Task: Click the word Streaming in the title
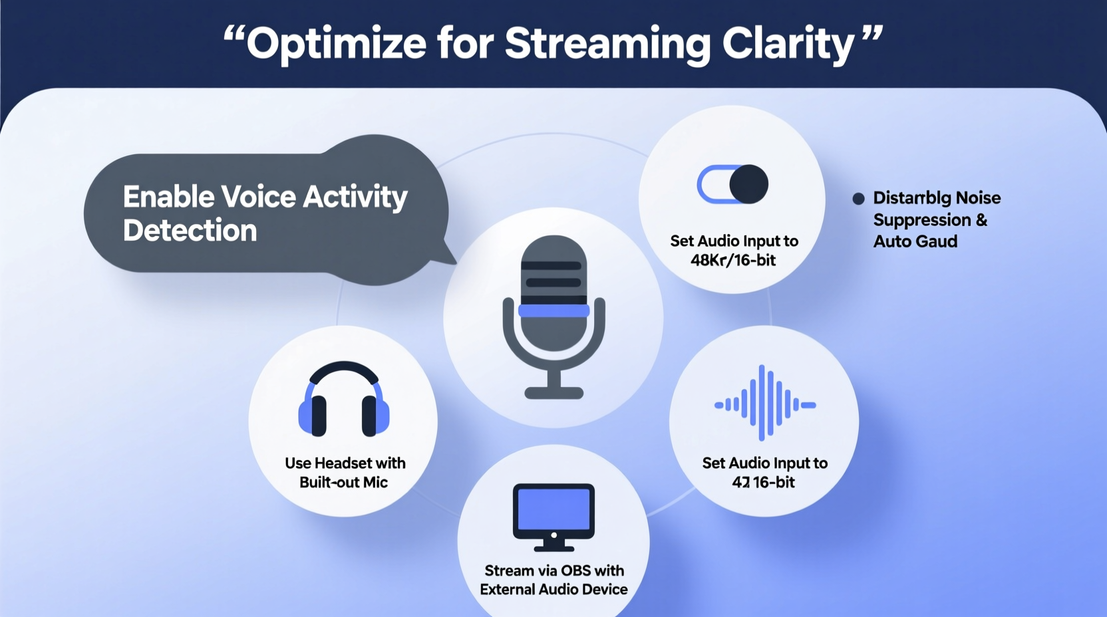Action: click(607, 44)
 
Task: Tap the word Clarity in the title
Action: click(788, 44)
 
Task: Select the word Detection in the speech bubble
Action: click(190, 231)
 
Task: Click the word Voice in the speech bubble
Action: click(258, 197)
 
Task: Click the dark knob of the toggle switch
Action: click(749, 184)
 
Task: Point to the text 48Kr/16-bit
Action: click(732, 260)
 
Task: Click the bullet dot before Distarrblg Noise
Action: click(858, 198)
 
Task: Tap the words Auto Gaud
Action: click(915, 241)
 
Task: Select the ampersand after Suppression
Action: click(981, 220)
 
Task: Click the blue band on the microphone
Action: click(553, 310)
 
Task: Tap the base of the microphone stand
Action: click(553, 393)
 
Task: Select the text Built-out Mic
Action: click(343, 482)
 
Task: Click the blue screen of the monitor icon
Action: click(553, 509)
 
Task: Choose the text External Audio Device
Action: click(553, 589)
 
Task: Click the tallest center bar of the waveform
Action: click(762, 403)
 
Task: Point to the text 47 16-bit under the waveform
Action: click(763, 482)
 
